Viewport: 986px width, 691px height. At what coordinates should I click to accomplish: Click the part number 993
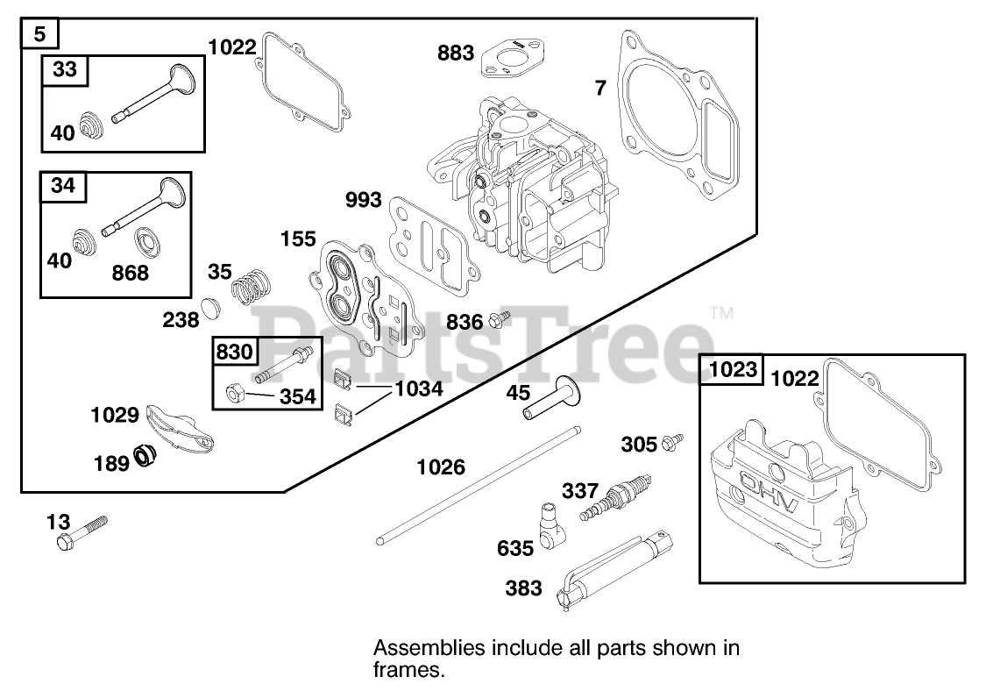363,201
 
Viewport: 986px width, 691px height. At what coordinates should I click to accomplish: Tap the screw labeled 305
673,441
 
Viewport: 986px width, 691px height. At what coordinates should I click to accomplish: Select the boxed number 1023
733,370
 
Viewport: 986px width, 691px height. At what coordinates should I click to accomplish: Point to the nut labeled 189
145,455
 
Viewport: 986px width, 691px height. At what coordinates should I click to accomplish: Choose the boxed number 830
234,353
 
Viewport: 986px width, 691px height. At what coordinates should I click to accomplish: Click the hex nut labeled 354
235,394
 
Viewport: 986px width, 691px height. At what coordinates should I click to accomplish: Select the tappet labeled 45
548,399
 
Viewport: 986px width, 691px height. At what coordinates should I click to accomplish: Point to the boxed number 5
40,35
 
